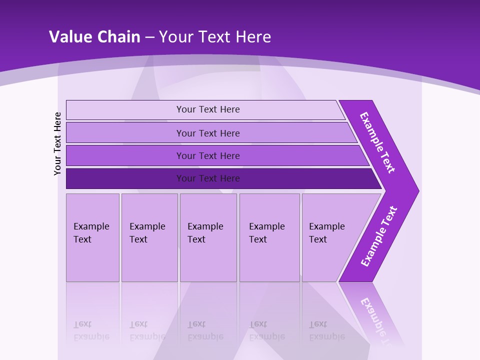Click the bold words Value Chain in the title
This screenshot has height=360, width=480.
94,37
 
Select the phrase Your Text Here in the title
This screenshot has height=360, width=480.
215,37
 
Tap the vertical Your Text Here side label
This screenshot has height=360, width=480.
57,143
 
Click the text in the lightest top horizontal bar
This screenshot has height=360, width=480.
208,109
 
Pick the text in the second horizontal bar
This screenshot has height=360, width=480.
208,133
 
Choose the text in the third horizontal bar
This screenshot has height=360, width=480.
208,156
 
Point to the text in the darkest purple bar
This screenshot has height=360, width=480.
208,178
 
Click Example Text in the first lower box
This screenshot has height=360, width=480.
91,233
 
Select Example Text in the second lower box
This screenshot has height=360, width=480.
147,233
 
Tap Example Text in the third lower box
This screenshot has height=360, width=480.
205,233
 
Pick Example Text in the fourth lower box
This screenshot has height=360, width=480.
266,233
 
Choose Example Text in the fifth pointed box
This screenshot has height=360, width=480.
326,233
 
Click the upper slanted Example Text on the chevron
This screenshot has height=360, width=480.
377,142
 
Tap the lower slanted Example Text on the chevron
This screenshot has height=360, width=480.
379,236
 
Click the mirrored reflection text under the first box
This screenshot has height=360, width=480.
91,330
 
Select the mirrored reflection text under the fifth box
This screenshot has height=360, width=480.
326,330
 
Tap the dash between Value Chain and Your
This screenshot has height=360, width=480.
149,37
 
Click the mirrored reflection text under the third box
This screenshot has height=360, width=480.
205,330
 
